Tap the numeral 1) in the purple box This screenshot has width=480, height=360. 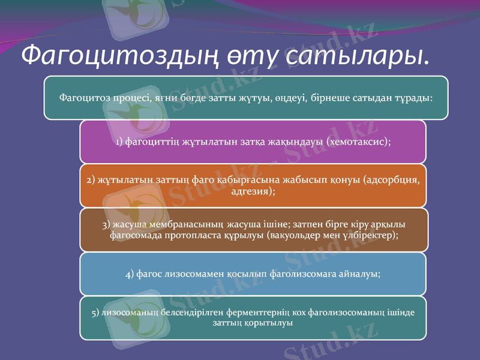pyautogui.click(x=119, y=142)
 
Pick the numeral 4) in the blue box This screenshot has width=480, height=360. pyautogui.click(x=131, y=274)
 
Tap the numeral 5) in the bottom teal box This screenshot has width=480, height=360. pyautogui.click(x=95, y=313)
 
